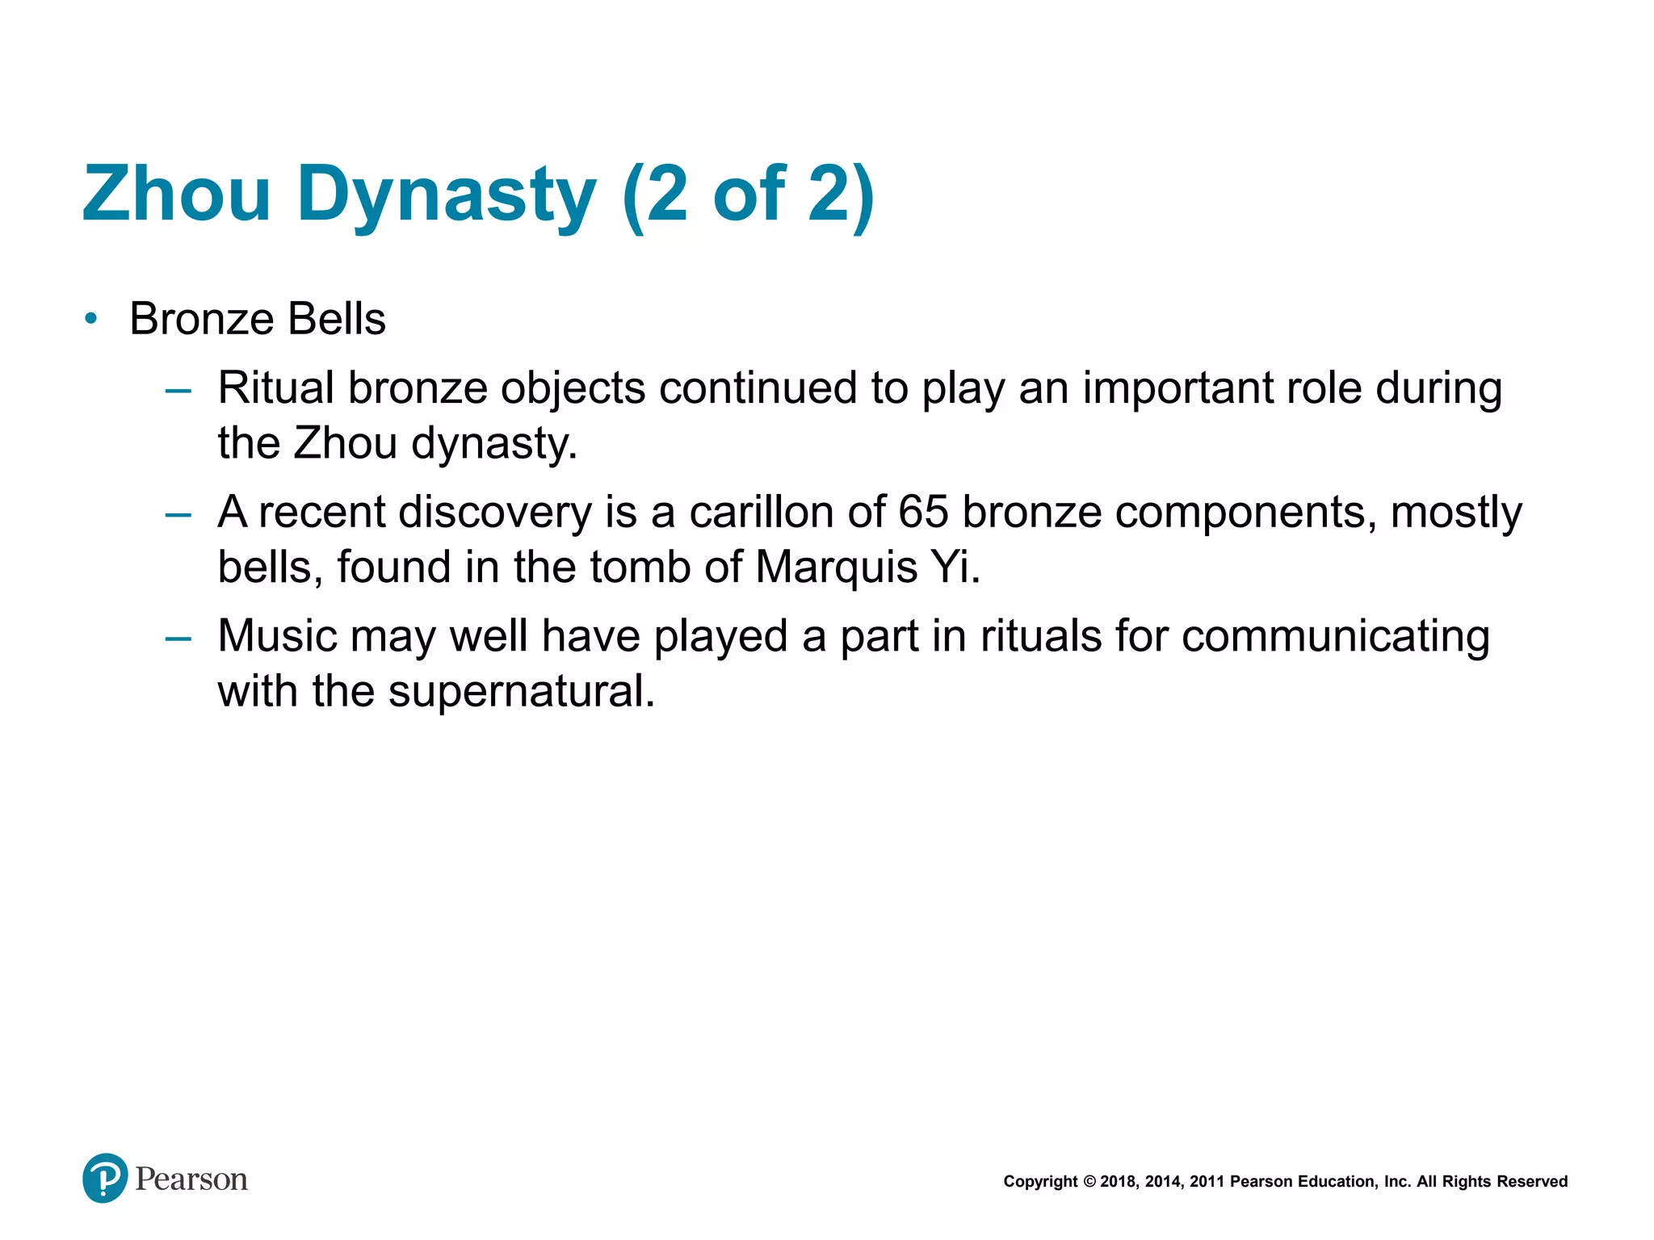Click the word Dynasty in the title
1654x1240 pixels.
[x=447, y=195]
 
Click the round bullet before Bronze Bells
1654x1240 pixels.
[x=91, y=319]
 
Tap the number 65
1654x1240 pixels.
[x=922, y=512]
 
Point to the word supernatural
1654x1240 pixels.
[x=522, y=691]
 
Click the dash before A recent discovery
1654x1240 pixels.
[x=178, y=514]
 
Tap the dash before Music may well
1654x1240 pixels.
[x=178, y=639]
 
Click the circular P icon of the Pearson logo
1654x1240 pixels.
[x=105, y=1178]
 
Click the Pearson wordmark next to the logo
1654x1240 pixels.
[x=191, y=1179]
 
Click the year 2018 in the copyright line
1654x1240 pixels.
[x=1118, y=1182]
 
